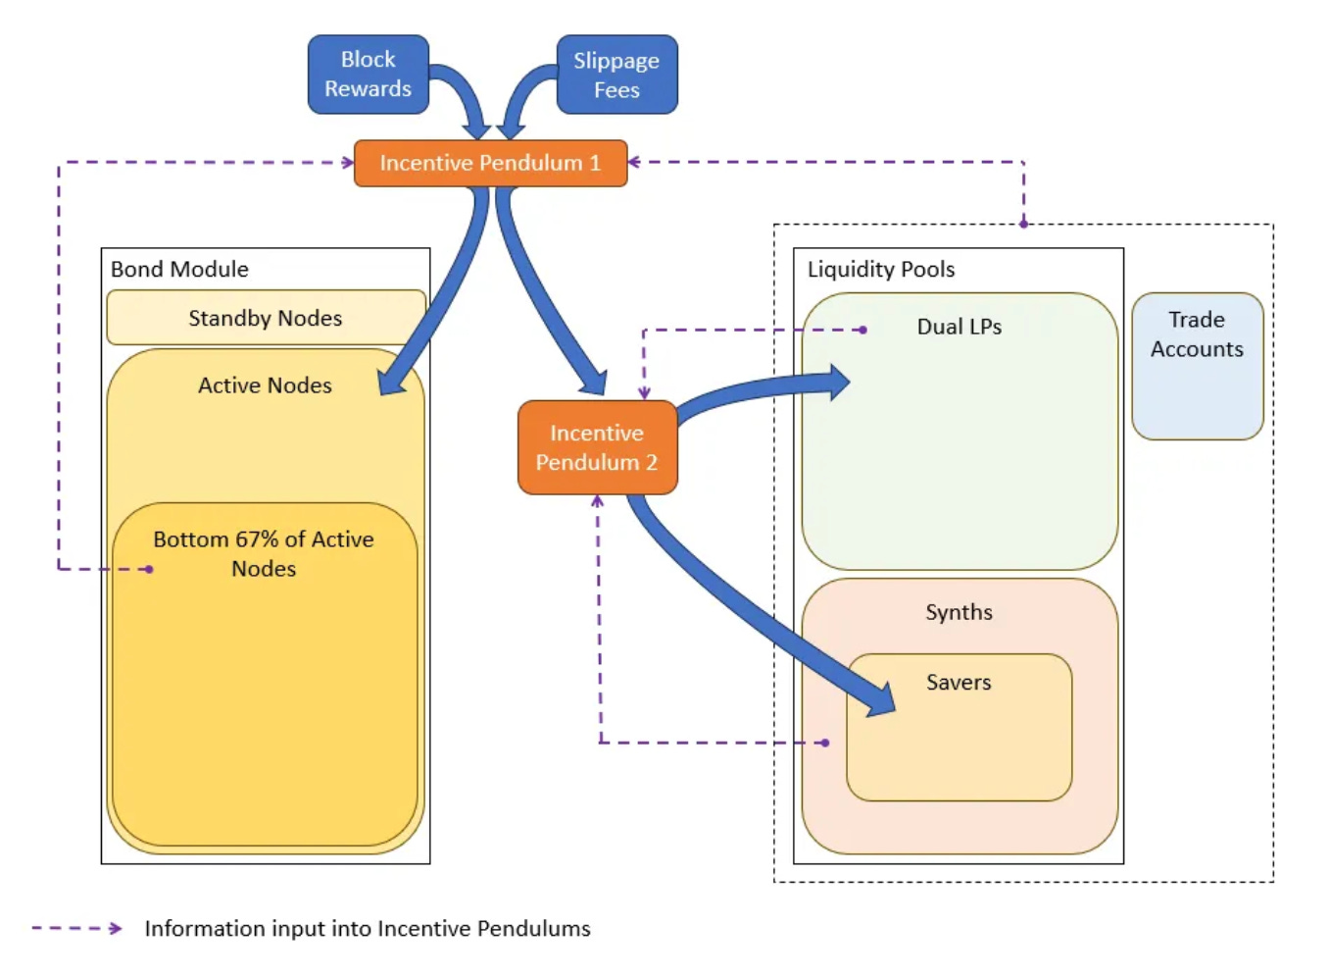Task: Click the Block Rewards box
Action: [x=368, y=75]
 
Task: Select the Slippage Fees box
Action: [x=616, y=76]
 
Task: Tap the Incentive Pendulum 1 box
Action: [x=490, y=163]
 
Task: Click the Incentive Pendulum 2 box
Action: [x=597, y=447]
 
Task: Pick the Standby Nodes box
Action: [x=266, y=318]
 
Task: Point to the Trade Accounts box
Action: [x=1197, y=365]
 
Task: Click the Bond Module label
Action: [x=179, y=269]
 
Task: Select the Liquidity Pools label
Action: [x=880, y=269]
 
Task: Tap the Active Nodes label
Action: [x=265, y=385]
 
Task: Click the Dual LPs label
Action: [x=959, y=327]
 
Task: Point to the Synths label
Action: [x=959, y=612]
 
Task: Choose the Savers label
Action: [x=959, y=683]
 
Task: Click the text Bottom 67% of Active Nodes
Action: [x=264, y=553]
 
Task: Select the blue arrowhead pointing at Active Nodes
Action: [x=392, y=382]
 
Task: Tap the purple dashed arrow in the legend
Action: [x=76, y=928]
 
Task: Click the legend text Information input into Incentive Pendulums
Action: [x=368, y=928]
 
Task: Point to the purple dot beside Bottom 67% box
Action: [x=149, y=569]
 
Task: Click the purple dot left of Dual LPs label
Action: [x=862, y=330]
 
